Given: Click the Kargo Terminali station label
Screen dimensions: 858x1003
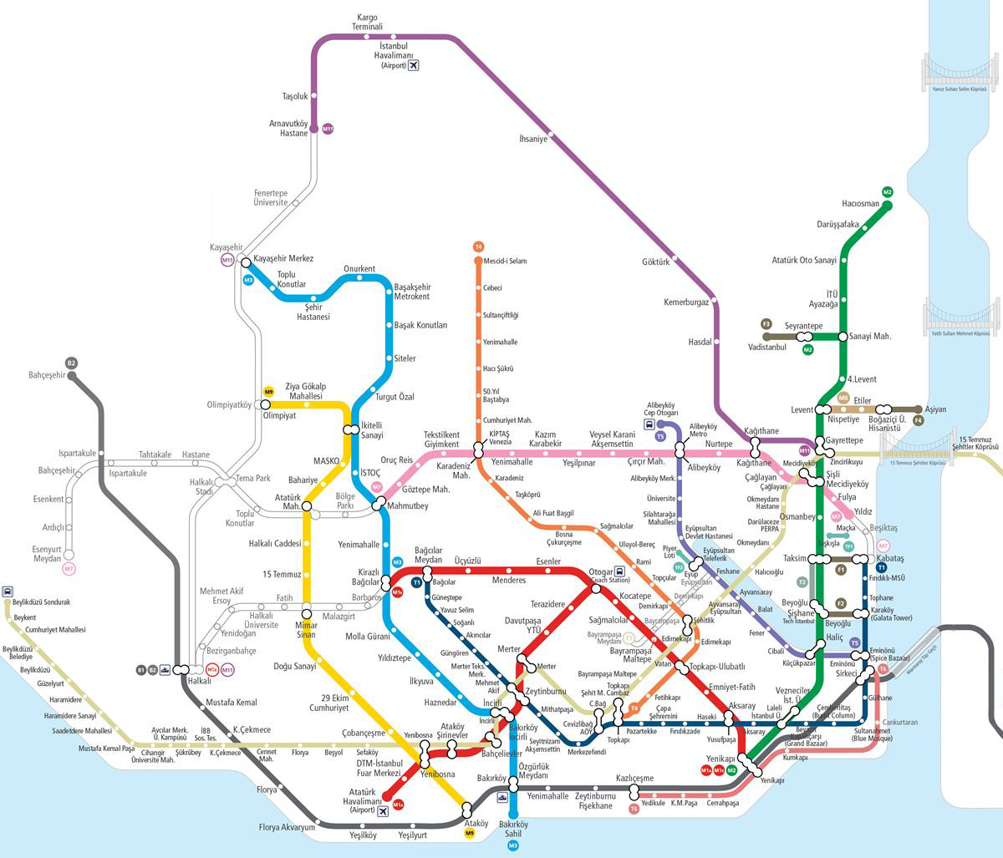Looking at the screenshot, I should [x=368, y=22].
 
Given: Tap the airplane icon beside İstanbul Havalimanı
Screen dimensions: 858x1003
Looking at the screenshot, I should [x=413, y=65].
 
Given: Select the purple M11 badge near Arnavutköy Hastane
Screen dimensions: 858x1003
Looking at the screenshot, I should [x=328, y=129].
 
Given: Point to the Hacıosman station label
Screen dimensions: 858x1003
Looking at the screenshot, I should [x=860, y=204].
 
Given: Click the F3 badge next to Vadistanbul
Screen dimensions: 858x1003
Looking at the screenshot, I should [x=766, y=324].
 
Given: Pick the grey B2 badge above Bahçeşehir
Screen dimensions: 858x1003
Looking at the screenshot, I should [x=72, y=363].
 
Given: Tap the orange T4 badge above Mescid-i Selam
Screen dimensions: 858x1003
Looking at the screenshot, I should [x=478, y=246].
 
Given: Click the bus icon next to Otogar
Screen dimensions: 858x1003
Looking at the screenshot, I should [x=619, y=571].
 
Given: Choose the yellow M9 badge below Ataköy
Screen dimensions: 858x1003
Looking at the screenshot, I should [x=469, y=833].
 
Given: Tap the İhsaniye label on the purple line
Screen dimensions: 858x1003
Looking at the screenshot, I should [x=533, y=140].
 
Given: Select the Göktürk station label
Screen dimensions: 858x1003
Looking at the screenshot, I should [x=656, y=261].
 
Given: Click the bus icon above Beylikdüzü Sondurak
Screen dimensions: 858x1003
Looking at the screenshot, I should [x=8, y=591].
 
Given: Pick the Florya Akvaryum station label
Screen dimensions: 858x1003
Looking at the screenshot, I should [x=287, y=828].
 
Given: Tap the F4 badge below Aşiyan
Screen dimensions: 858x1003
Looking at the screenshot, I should [x=919, y=421].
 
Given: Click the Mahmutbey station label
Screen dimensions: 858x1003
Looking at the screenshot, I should [x=409, y=506].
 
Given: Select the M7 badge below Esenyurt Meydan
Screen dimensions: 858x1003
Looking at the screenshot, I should [x=69, y=569].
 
